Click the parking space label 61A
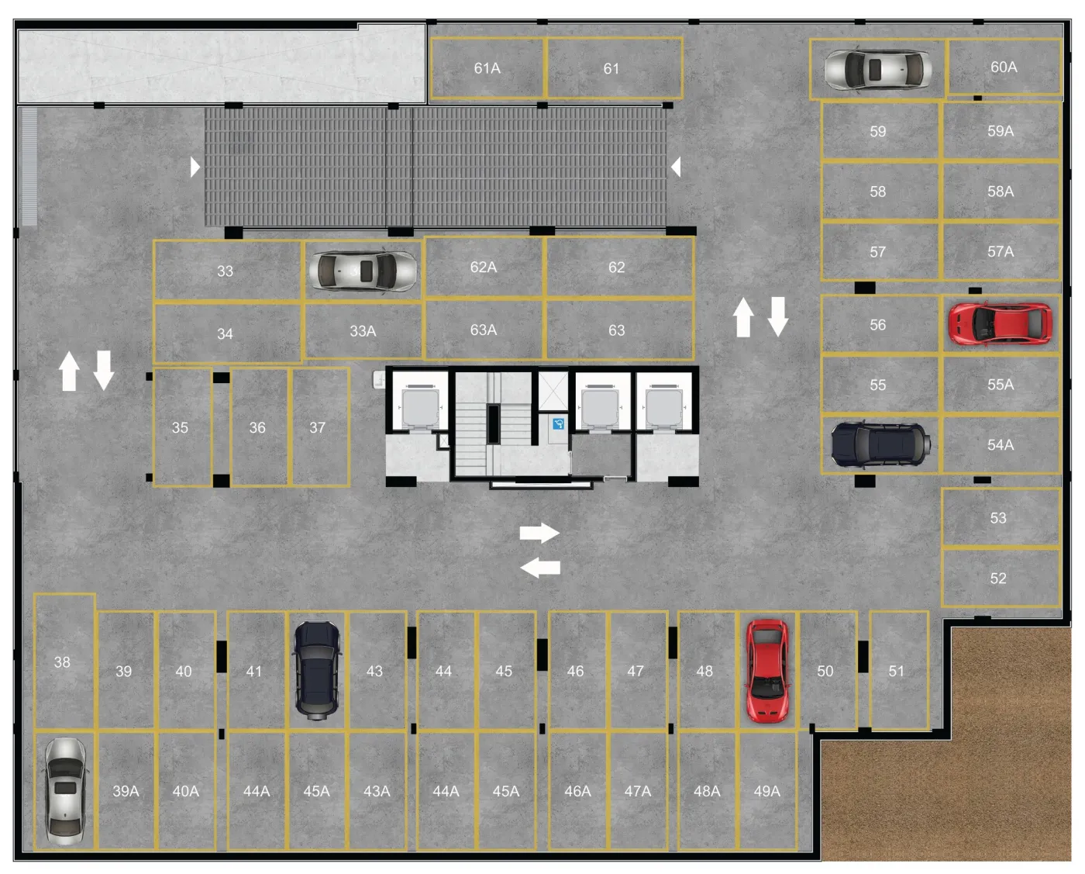tap(487, 68)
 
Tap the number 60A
tap(1004, 67)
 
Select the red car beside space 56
tap(1000, 323)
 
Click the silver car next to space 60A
tap(878, 70)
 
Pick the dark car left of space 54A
tap(880, 444)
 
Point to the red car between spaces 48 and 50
tap(767, 670)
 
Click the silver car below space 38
tap(65, 791)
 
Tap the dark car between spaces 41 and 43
tap(317, 670)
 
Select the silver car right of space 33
tap(363, 271)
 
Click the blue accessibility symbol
tap(558, 424)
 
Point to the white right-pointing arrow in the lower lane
tap(539, 533)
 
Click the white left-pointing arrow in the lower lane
tap(540, 567)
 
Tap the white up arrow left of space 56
tap(743, 317)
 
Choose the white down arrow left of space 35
tap(104, 371)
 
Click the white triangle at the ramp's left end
tap(195, 167)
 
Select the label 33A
tap(363, 331)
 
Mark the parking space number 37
tap(317, 427)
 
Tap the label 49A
tap(766, 791)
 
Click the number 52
tap(998, 579)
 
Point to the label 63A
tap(483, 330)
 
